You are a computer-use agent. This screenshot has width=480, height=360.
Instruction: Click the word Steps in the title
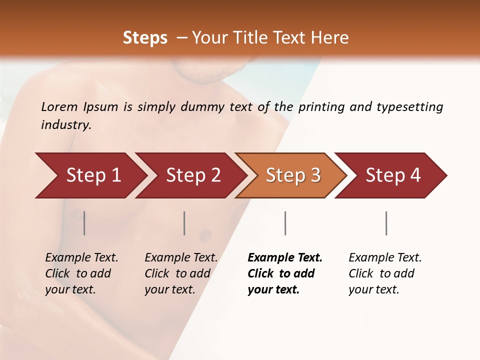[145, 38]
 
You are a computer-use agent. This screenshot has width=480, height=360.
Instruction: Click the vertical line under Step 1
[84, 223]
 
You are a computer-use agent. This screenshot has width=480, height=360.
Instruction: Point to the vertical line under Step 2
[184, 223]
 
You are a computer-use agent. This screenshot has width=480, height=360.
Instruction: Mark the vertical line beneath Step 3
[285, 223]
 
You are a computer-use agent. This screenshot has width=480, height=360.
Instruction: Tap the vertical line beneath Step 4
[386, 223]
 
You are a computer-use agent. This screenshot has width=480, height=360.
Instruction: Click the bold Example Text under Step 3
[285, 273]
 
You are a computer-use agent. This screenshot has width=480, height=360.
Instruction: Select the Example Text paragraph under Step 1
[81, 273]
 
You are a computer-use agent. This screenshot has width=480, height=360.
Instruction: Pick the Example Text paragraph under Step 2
[181, 273]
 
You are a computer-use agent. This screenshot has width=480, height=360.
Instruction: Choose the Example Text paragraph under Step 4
[385, 273]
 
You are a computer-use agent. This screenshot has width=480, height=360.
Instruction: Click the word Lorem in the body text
[59, 107]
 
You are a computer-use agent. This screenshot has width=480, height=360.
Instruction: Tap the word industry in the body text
[66, 125]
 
